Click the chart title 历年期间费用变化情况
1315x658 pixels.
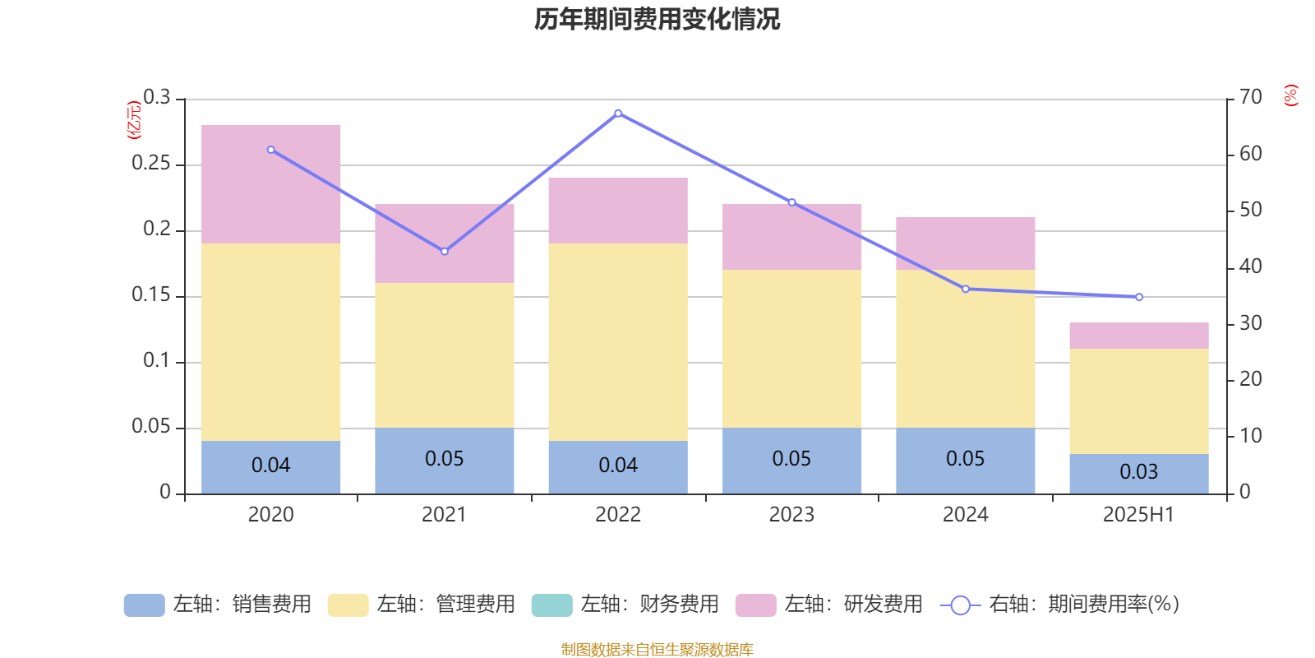pos(657,19)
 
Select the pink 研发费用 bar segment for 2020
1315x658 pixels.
pos(271,184)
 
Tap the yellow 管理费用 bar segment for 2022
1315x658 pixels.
pos(618,342)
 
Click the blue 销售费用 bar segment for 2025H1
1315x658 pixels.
pos(1139,474)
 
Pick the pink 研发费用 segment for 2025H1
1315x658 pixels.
pos(1139,336)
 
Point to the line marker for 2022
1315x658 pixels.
pos(618,114)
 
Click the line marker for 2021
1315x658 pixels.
pos(445,251)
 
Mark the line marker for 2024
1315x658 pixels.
pos(966,289)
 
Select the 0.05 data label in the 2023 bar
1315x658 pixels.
pos(791,459)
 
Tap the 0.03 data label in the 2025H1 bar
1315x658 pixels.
pos(1139,472)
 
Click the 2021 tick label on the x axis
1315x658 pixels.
pos(445,515)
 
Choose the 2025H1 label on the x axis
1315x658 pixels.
pos(1139,515)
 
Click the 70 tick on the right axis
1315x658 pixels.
pos(1251,98)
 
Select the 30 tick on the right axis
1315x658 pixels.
pos(1251,323)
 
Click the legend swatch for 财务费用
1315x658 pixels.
pos(551,605)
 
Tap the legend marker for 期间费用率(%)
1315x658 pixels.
pos(960,605)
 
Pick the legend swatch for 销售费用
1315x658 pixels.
pos(144,605)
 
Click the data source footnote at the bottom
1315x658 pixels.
pos(657,650)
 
